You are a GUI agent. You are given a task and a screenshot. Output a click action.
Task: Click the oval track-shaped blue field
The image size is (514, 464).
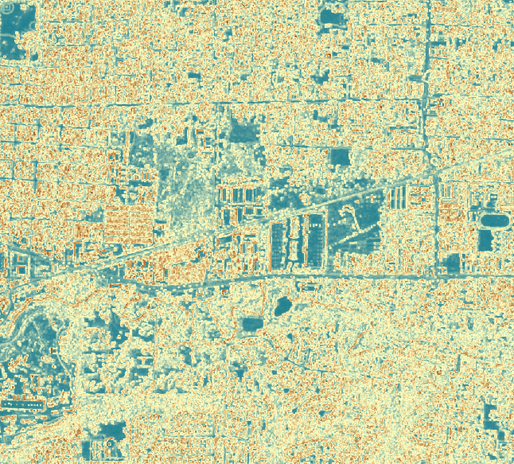pyautogui.click(x=493, y=219)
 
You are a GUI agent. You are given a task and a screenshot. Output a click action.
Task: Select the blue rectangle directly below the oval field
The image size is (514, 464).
pyautogui.click(x=487, y=240)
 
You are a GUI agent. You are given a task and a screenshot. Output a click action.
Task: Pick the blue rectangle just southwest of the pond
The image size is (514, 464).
pyautogui.click(x=253, y=324)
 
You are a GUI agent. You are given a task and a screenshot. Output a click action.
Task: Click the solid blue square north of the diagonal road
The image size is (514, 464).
pyautogui.click(x=340, y=157)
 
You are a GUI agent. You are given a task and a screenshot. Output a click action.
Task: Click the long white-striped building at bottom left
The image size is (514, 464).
pyautogui.click(x=22, y=405)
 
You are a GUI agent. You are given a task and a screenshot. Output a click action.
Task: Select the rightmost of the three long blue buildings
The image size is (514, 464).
pyautogui.click(x=317, y=238)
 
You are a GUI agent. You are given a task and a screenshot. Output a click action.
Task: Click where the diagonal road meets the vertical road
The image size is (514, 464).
pyautogui.click(x=434, y=170)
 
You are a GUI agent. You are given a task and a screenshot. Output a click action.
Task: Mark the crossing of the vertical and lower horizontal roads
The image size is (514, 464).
pyautogui.click(x=436, y=275)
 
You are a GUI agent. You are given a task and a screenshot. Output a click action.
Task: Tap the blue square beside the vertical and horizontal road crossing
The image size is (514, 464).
pyautogui.click(x=453, y=263)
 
